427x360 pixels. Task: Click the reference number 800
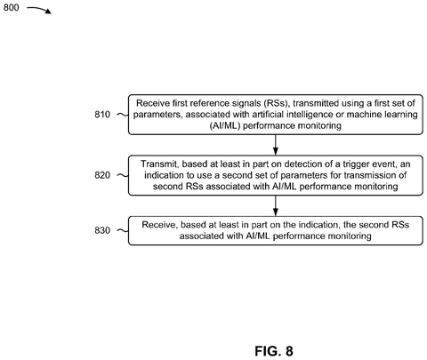(x=11, y=7)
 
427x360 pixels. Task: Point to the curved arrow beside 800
(x=39, y=10)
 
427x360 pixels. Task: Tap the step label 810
(x=102, y=115)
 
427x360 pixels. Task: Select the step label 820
(x=102, y=175)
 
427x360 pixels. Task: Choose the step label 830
(x=102, y=230)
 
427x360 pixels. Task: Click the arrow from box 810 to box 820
(x=276, y=145)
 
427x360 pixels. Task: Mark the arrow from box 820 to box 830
(x=276, y=205)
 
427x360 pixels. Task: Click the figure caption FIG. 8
(x=274, y=351)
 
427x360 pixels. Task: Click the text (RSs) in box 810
(x=276, y=103)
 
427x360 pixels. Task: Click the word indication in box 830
(x=318, y=225)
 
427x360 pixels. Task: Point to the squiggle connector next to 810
(x=123, y=115)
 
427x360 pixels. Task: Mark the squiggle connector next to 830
(x=123, y=230)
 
